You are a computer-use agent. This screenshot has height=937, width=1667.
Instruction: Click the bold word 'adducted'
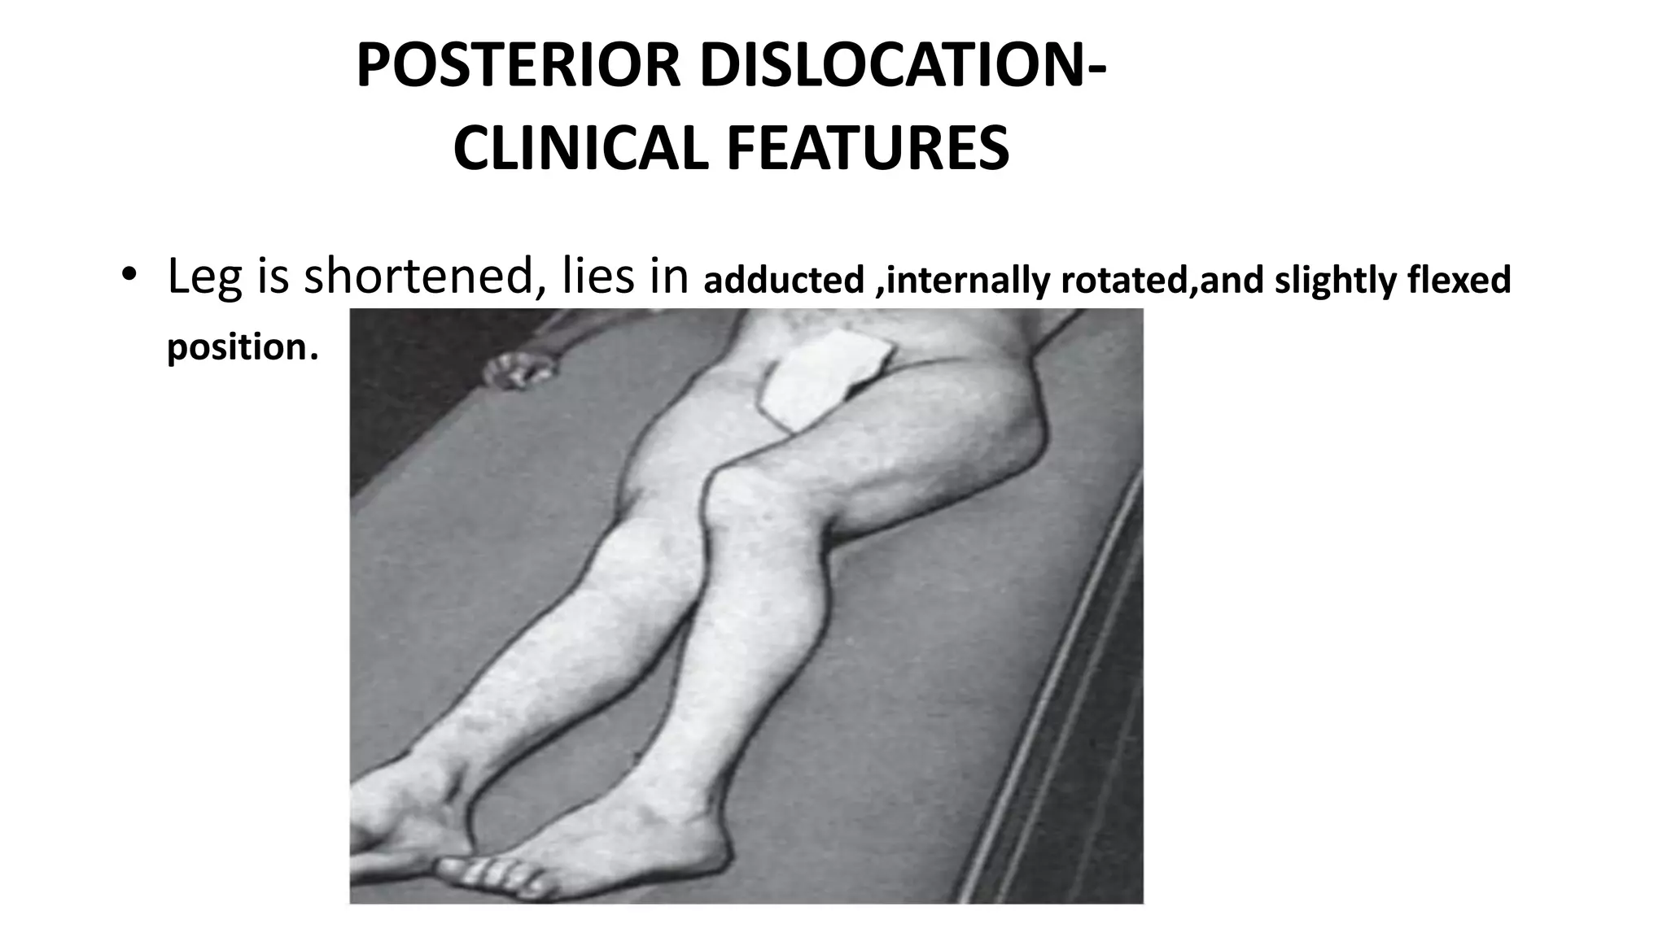(x=783, y=280)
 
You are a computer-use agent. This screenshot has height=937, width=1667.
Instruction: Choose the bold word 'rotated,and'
(x=1162, y=280)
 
